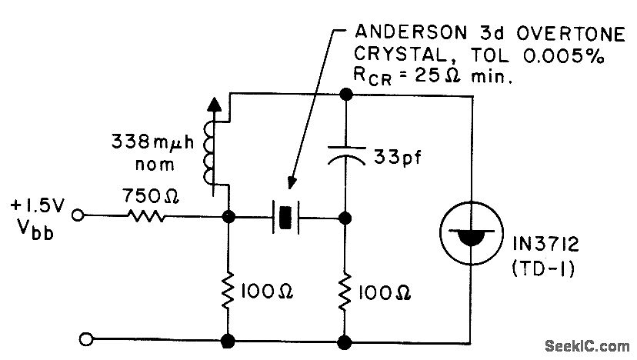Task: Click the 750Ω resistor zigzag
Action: coord(146,218)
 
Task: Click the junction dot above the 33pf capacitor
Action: coord(345,95)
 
